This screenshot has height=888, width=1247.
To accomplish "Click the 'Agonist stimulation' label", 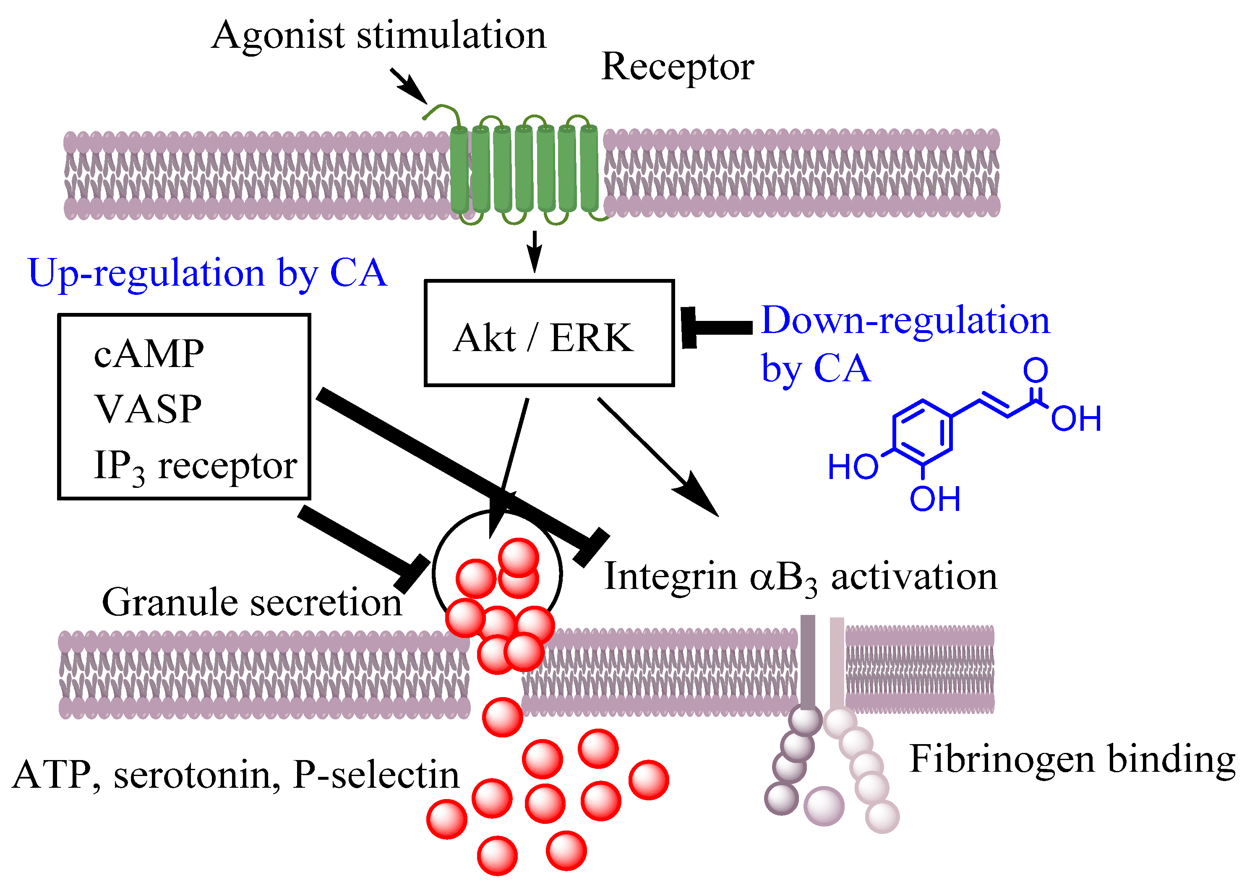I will pos(378,36).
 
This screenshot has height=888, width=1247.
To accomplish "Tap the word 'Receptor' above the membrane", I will pos(677,67).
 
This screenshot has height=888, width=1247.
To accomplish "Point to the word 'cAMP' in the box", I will pos(149,354).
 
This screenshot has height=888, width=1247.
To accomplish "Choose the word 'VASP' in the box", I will pos(148,409).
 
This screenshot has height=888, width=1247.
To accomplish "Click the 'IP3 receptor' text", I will pos(195,466).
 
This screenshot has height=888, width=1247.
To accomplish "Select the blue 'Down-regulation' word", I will pos(905,320).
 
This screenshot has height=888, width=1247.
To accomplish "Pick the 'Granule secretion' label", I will pos(252,603).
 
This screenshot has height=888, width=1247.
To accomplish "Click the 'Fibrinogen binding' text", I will pos(1072,760).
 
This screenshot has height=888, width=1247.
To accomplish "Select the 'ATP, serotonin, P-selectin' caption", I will pos(235,775).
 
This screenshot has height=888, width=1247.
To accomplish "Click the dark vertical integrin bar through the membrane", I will pos(807,661).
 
